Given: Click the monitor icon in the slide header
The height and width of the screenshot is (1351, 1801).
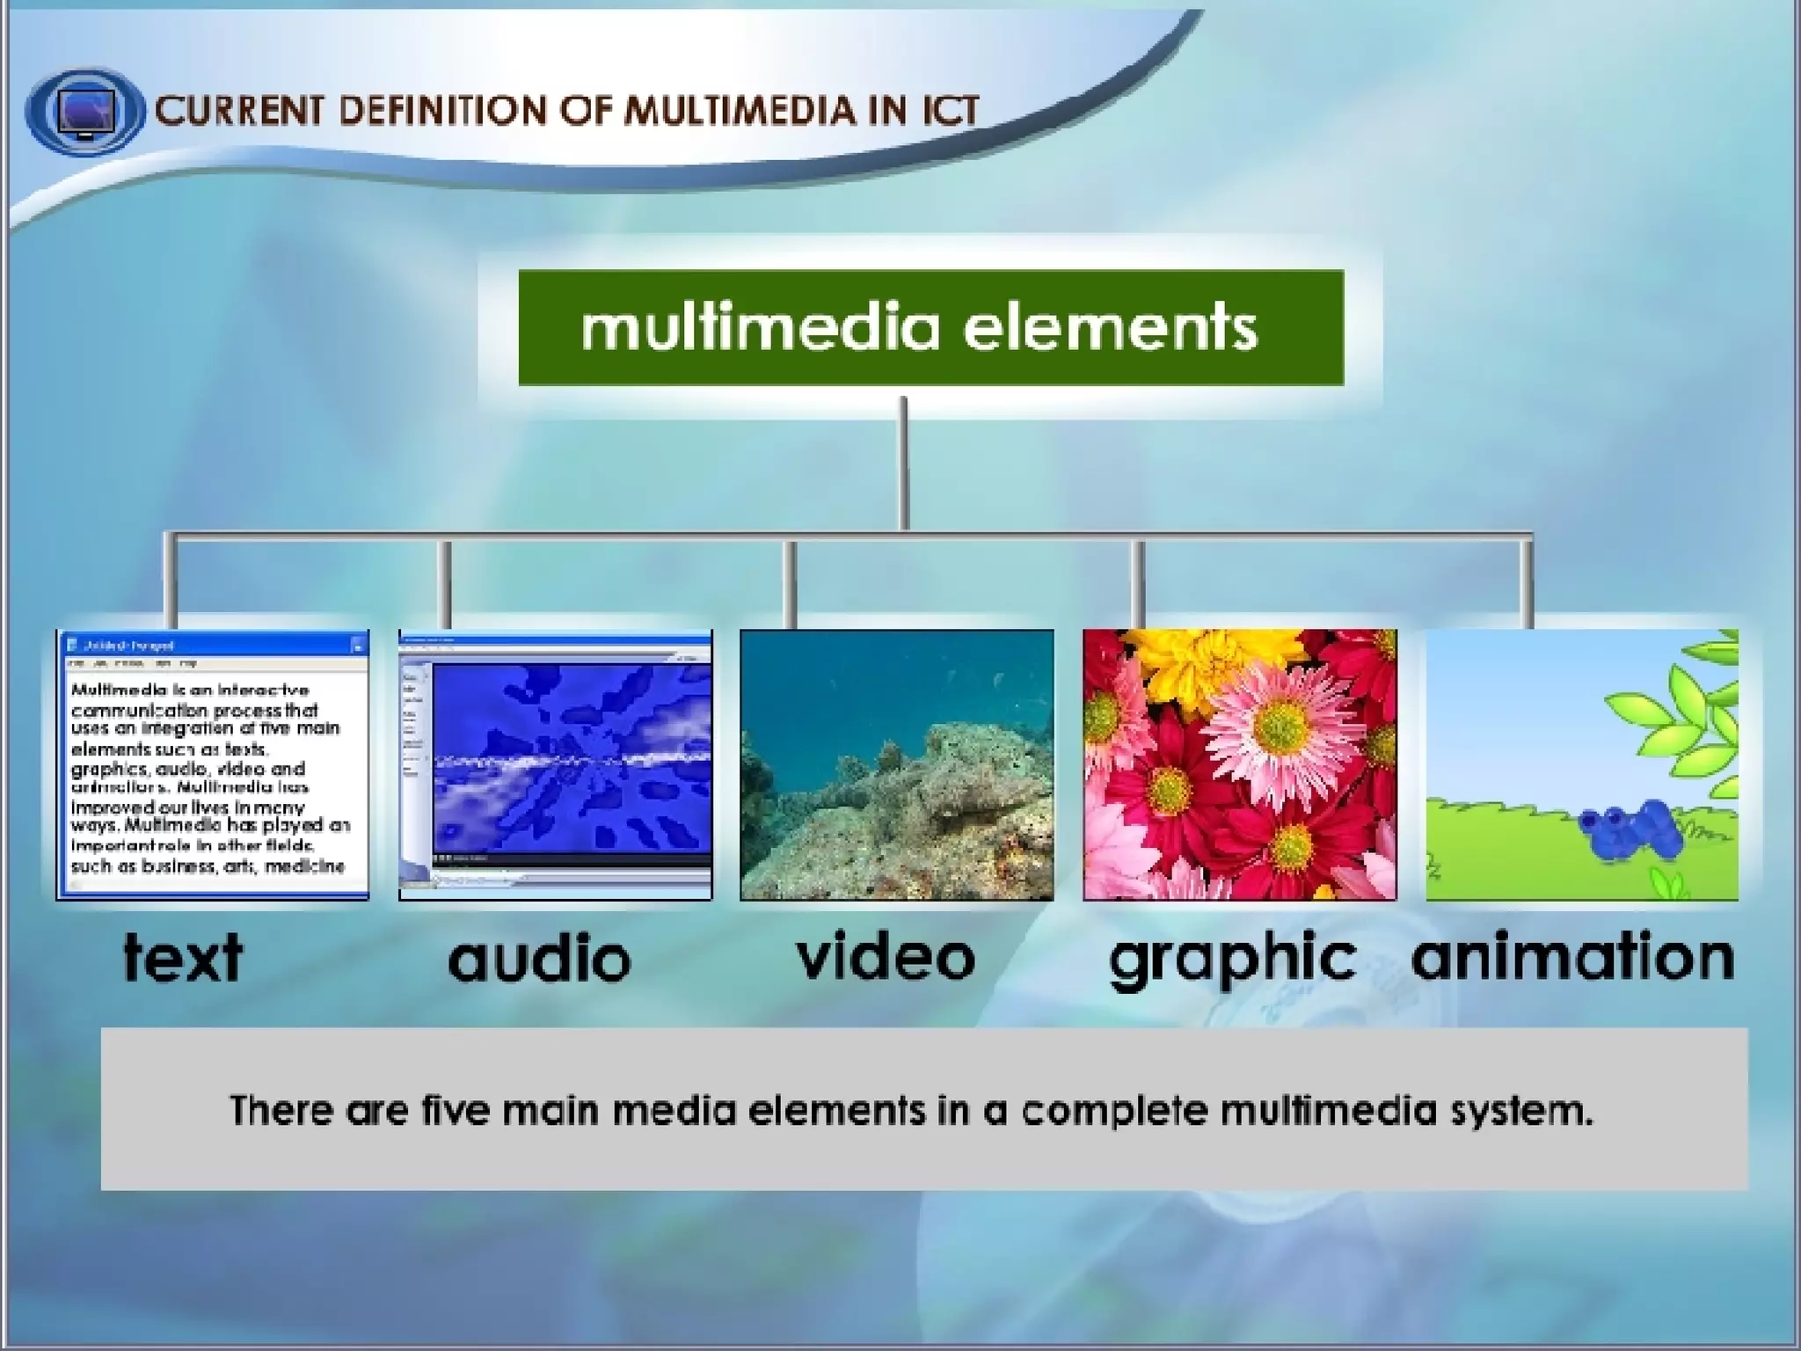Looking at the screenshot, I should (x=84, y=112).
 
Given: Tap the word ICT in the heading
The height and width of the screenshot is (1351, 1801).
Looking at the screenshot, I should (x=951, y=111).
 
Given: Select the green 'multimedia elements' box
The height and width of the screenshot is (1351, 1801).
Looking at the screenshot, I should (x=930, y=327).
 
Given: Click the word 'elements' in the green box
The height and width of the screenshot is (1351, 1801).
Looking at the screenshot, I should (x=1110, y=327).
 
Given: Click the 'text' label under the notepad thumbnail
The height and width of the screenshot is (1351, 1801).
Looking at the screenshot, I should (x=183, y=957).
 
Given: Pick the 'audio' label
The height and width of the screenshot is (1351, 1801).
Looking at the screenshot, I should (x=539, y=959).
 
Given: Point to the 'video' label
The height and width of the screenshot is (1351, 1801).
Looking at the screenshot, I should (x=886, y=957).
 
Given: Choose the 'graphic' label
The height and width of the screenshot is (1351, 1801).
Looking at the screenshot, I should (x=1231, y=959).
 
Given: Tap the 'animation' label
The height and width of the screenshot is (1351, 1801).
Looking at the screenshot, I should (x=1572, y=957).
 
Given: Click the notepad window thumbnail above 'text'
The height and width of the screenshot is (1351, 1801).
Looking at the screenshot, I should (x=212, y=764).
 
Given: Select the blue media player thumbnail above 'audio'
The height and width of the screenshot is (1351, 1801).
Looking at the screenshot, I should (x=555, y=764).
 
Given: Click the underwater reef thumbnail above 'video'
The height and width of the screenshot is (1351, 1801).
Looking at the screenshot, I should (x=896, y=764).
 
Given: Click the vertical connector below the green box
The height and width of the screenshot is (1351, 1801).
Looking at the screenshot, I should (x=903, y=462).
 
